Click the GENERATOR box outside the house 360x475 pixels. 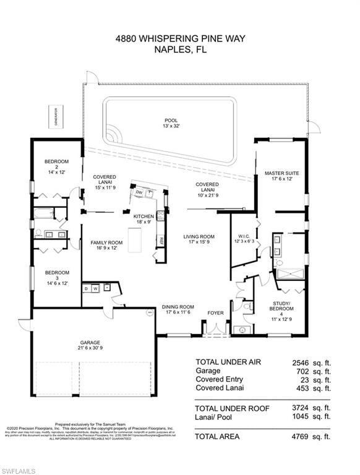55,117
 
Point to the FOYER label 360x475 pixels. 215,313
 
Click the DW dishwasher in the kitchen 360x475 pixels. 139,193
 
